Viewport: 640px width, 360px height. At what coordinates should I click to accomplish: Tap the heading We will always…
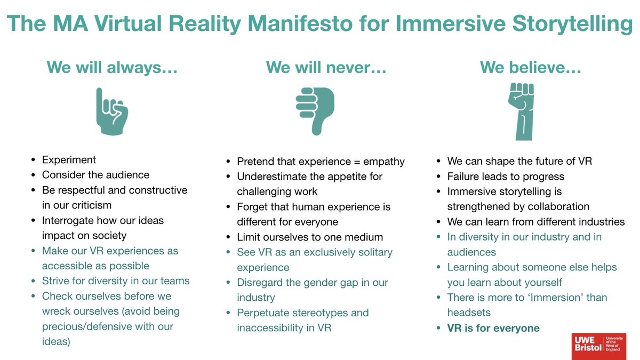tap(112, 68)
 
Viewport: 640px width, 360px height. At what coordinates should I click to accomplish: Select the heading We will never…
tap(326, 68)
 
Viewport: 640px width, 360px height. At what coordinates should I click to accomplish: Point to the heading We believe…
tap(531, 68)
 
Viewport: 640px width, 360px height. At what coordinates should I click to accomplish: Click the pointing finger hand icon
tap(111, 111)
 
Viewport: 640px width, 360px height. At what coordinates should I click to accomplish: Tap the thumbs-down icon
tap(315, 111)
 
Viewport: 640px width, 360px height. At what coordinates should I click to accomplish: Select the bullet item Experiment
tap(69, 159)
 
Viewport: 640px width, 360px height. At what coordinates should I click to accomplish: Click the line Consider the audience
tap(95, 174)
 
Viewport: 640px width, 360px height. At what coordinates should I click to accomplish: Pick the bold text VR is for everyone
tap(493, 328)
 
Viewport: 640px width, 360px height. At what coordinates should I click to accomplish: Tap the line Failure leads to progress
tap(506, 176)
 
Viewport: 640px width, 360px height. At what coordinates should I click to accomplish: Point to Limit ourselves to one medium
tap(310, 237)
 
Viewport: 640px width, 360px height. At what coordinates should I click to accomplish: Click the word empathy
tap(382, 161)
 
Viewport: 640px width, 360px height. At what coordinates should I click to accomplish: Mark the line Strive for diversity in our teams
tap(116, 281)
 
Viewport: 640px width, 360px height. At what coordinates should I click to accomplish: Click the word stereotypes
tap(324, 313)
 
